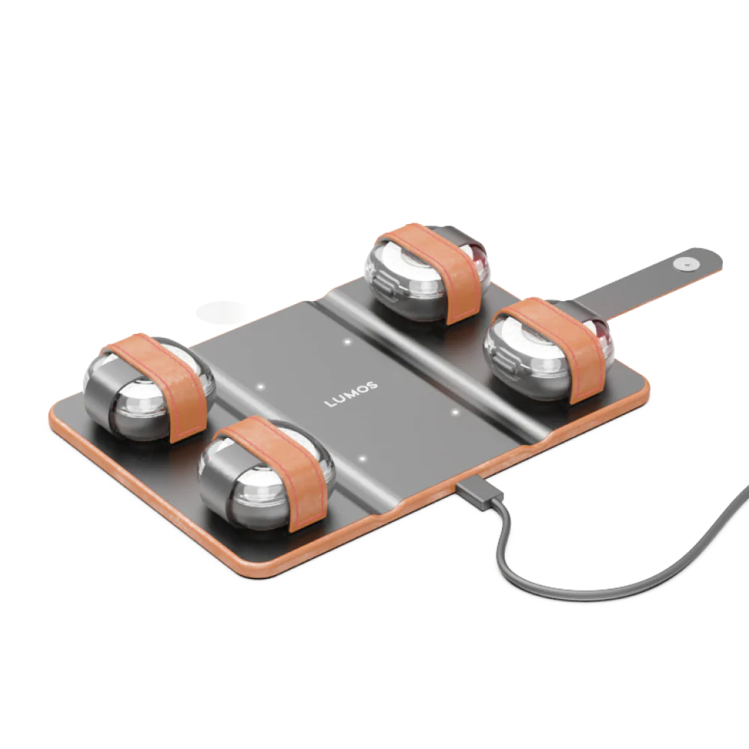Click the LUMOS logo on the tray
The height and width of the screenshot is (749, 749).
(x=351, y=394)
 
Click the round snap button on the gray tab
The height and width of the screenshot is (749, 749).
(x=684, y=263)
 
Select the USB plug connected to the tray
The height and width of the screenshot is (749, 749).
(x=479, y=496)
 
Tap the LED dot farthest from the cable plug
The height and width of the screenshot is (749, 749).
(x=348, y=342)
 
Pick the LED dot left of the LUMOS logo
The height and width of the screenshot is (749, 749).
(x=261, y=386)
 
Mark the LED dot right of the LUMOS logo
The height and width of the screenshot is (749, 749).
(x=455, y=412)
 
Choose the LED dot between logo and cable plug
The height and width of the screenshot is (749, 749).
(x=363, y=459)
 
